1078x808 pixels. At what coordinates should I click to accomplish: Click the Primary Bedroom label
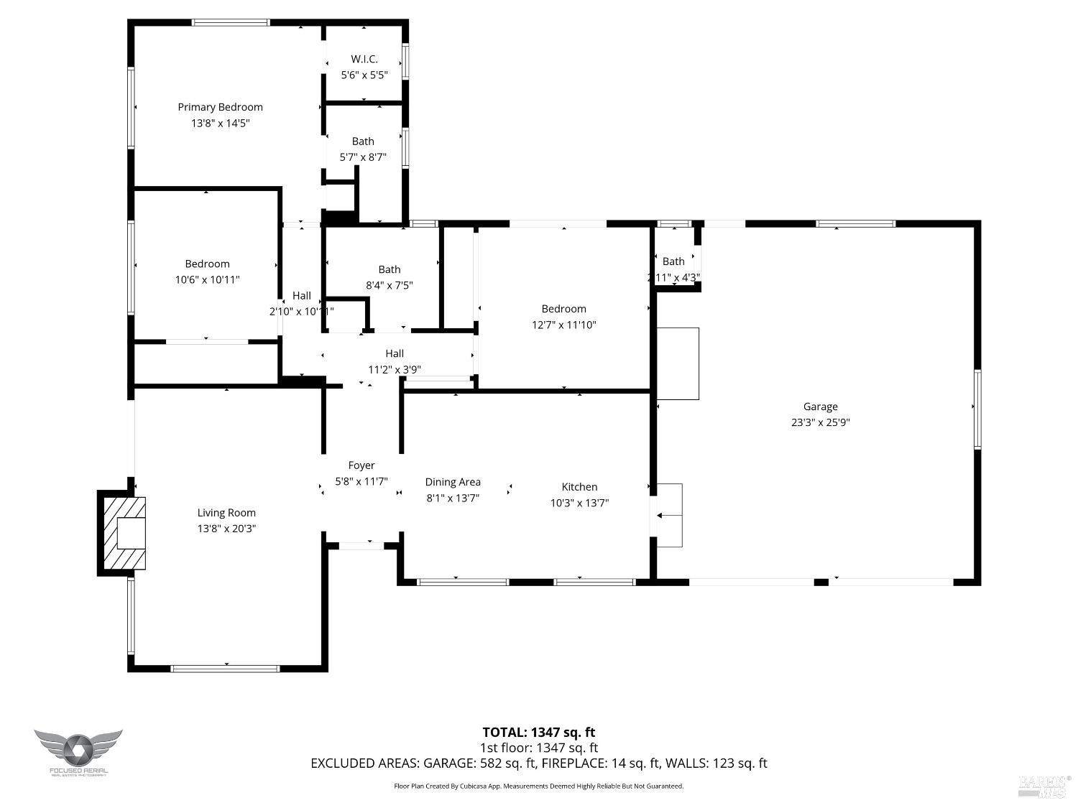point(220,107)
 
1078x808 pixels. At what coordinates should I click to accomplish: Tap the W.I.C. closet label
point(364,59)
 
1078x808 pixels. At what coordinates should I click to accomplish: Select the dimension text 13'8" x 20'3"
point(226,529)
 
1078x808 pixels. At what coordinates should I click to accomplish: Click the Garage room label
point(820,407)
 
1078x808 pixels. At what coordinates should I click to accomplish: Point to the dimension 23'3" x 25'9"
point(820,422)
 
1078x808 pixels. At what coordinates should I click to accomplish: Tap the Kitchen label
point(579,487)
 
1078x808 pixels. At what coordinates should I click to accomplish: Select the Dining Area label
point(452,482)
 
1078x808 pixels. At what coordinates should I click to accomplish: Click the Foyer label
point(361,465)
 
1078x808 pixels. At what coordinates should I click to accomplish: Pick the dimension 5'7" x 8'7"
point(363,157)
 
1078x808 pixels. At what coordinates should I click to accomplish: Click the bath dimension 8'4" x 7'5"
point(389,285)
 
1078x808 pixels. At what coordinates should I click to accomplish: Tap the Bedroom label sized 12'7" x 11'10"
point(563,309)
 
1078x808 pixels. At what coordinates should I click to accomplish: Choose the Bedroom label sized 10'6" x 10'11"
point(207,264)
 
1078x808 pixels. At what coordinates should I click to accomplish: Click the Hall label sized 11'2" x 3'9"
point(394,353)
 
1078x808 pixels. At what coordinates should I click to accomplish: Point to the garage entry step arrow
point(660,515)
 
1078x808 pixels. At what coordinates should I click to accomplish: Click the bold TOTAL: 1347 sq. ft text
point(538,733)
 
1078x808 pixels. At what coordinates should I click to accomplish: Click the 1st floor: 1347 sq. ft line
point(538,748)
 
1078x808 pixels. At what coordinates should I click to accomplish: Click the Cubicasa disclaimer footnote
point(538,786)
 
